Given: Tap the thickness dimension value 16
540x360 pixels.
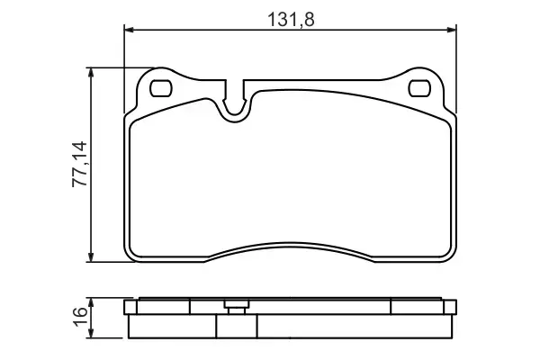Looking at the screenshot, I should point(79,316).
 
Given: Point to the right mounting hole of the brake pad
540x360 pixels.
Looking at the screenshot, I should point(419,88).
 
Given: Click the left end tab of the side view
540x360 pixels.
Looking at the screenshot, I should point(127,309).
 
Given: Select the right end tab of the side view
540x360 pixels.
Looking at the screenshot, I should point(453,309).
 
